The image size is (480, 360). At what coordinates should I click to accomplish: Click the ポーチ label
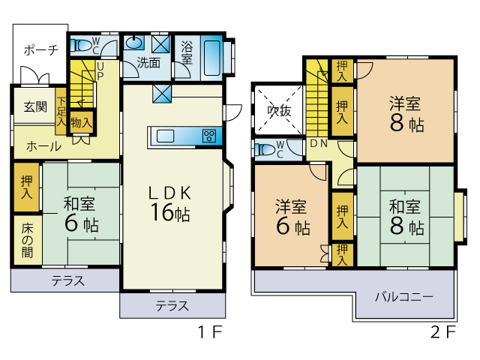(x=41, y=49)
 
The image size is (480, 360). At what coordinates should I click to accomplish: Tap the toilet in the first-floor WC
(x=81, y=46)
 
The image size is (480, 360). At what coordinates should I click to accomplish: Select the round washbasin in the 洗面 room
(x=133, y=43)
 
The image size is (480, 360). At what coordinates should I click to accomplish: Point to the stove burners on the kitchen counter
(x=209, y=136)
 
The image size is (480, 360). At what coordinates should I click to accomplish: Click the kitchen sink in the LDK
(x=165, y=136)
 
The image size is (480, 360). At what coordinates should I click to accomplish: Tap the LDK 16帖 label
(x=170, y=203)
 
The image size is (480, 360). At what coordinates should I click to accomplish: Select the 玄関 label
(x=35, y=106)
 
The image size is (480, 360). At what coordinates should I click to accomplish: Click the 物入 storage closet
(x=82, y=122)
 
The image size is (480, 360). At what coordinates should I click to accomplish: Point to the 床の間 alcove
(x=28, y=240)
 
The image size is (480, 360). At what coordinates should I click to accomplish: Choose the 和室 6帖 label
(x=81, y=214)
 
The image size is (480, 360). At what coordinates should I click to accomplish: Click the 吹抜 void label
(x=279, y=110)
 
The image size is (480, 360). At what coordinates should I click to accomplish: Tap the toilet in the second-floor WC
(x=265, y=150)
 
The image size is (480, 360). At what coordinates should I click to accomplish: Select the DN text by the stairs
(x=319, y=143)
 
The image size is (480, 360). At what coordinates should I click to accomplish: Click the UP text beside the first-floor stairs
(x=100, y=71)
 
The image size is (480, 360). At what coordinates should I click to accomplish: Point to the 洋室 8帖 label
(x=406, y=113)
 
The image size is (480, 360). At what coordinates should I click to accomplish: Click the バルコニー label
(x=404, y=297)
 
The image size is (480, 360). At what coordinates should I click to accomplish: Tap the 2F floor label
(x=443, y=331)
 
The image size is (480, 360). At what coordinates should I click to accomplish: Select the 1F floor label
(x=210, y=331)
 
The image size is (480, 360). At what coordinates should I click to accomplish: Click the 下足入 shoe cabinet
(x=61, y=112)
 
